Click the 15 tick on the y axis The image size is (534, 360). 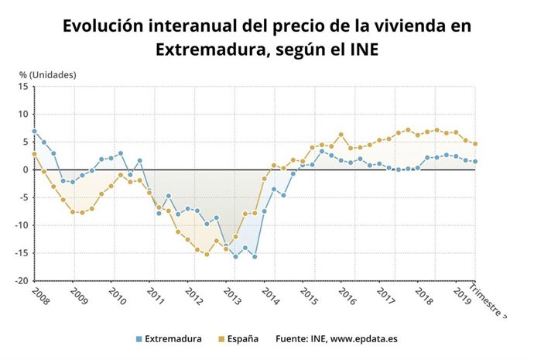click(23, 86)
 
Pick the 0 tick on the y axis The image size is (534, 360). click(26, 170)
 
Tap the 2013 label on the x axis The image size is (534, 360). click(231, 296)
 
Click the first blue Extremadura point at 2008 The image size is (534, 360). click(34, 131)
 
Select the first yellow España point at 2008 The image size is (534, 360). click(34, 154)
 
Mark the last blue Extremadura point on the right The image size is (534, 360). click(474, 161)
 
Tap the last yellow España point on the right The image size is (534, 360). click(474, 143)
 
